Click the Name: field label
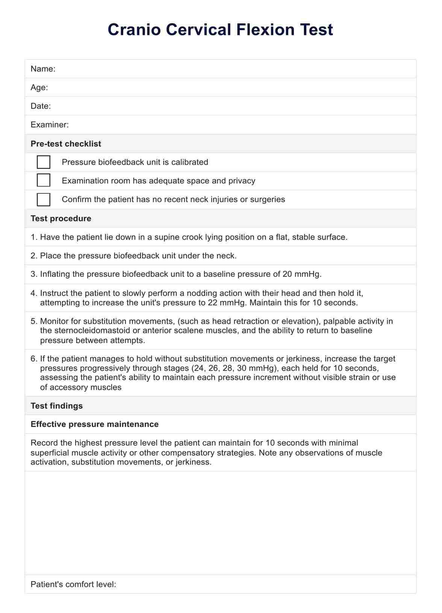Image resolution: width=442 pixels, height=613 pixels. point(43,69)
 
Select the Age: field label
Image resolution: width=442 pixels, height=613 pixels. point(39,88)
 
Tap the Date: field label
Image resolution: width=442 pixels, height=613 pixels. point(41,106)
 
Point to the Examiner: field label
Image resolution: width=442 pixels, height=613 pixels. point(50,125)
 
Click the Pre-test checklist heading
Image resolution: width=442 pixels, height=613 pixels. point(66,144)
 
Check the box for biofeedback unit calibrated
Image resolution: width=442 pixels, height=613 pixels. point(44,162)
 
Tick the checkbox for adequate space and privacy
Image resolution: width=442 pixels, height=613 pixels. point(44,181)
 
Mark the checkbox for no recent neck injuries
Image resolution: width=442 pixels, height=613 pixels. point(44,199)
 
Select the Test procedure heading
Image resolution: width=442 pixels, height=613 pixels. point(61,218)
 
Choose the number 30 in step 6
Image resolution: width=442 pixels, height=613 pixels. point(242,368)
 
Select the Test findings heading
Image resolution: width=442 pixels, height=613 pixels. point(57,406)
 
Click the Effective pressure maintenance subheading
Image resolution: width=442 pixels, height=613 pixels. point(95,424)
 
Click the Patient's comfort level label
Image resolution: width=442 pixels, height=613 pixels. point(73,584)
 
